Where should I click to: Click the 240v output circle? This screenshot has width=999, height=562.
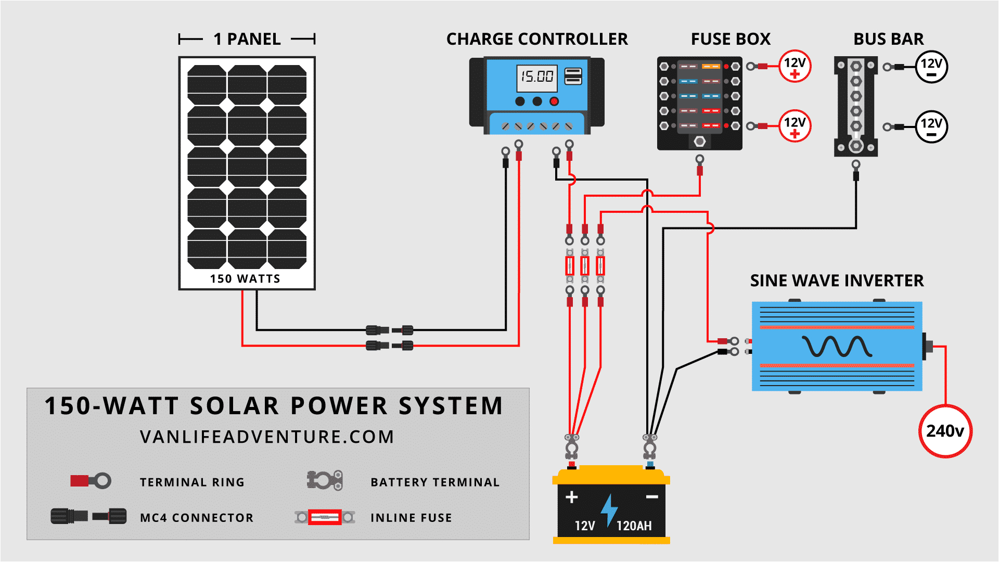pyautogui.click(x=945, y=431)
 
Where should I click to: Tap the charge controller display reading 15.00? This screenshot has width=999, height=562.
pyautogui.click(x=536, y=77)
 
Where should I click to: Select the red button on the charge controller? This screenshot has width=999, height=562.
pyautogui.click(x=554, y=101)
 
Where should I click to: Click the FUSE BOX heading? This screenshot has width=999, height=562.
pyautogui.click(x=730, y=39)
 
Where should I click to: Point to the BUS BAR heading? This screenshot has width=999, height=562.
pyautogui.click(x=888, y=39)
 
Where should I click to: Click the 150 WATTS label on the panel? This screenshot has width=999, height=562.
pyautogui.click(x=245, y=279)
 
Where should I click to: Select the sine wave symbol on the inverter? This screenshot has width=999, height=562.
pyautogui.click(x=837, y=347)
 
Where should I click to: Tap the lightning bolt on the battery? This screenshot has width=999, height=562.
pyautogui.click(x=609, y=510)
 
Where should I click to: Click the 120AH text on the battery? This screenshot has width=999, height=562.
pyautogui.click(x=634, y=526)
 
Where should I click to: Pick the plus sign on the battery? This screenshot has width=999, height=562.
pyautogui.click(x=571, y=497)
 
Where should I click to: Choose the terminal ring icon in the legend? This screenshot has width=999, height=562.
pyautogui.click(x=91, y=480)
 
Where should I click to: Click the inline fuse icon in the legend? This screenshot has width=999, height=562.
pyautogui.click(x=325, y=517)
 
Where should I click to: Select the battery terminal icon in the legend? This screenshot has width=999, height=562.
pyautogui.click(x=325, y=480)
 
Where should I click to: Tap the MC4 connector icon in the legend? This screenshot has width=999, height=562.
pyautogui.click(x=88, y=516)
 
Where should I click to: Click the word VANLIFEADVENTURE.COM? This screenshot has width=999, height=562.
pyautogui.click(x=267, y=437)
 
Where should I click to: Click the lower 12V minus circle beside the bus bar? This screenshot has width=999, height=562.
pyautogui.click(x=931, y=126)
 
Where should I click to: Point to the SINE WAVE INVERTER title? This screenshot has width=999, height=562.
pyautogui.click(x=837, y=281)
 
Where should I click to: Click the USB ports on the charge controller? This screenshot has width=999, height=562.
pyautogui.click(x=573, y=76)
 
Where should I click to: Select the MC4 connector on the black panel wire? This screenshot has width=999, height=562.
pyautogui.click(x=390, y=330)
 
